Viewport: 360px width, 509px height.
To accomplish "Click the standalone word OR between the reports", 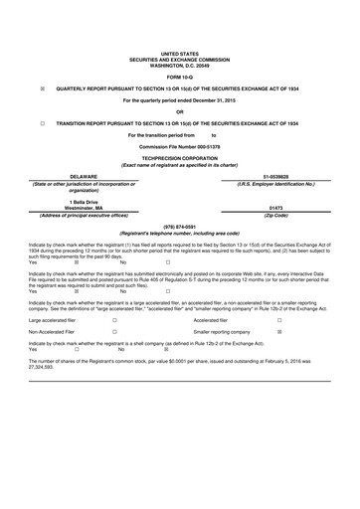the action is coord(180,112).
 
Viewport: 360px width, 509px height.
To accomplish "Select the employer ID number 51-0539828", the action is coord(275,175).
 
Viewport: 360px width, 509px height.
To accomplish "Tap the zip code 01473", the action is coord(275,207).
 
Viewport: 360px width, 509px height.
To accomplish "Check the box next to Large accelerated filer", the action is coord(114,320).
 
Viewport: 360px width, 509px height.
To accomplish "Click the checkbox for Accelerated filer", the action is coord(278,320).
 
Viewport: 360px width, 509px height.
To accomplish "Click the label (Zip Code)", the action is coord(275,214).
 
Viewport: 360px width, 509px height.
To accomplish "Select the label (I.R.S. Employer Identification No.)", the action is coord(275,183).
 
